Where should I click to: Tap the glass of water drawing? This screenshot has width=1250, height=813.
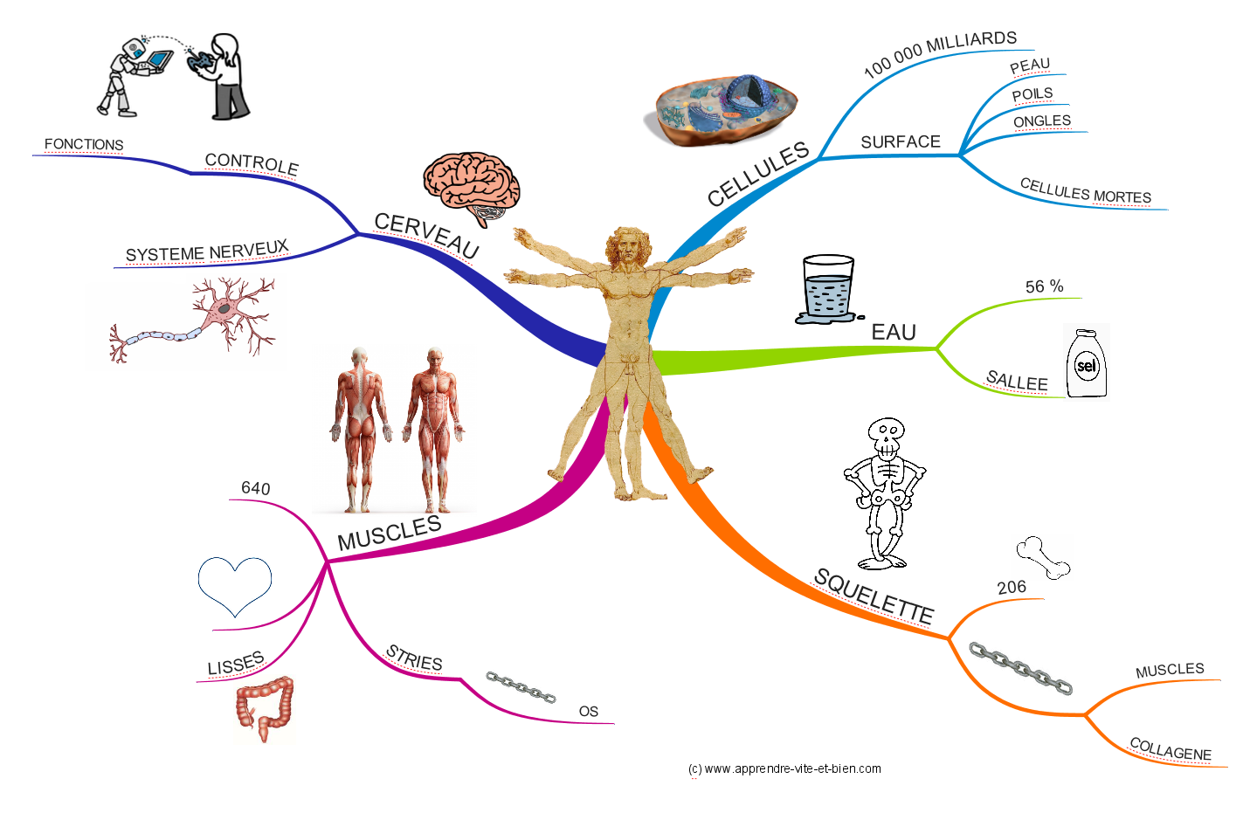pyautogui.click(x=826, y=289)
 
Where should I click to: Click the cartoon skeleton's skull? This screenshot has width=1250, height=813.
pyautogui.click(x=887, y=436)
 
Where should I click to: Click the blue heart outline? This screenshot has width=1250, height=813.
pyautogui.click(x=235, y=584)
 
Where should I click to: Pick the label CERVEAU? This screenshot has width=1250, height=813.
pyautogui.click(x=426, y=235)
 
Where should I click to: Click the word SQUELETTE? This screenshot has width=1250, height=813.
pyautogui.click(x=874, y=596)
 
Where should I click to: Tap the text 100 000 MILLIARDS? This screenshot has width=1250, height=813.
pyautogui.click(x=940, y=53)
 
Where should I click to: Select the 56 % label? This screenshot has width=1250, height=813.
pyautogui.click(x=1044, y=286)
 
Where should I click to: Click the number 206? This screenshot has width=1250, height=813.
pyautogui.click(x=1012, y=587)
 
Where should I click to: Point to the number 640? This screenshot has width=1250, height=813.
pyautogui.click(x=256, y=488)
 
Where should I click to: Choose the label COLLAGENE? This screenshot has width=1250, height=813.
pyautogui.click(x=1171, y=749)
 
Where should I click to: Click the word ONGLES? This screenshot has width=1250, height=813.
pyautogui.click(x=1042, y=121)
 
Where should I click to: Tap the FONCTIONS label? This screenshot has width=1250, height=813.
pyautogui.click(x=84, y=144)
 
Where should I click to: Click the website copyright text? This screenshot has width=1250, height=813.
pyautogui.click(x=784, y=768)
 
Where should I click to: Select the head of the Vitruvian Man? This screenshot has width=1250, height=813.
pyautogui.click(x=628, y=247)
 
